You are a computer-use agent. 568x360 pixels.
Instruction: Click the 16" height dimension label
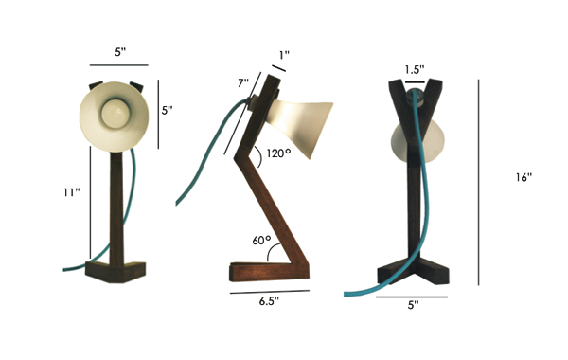tap(524, 177)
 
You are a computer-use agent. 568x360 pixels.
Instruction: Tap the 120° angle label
tap(278, 153)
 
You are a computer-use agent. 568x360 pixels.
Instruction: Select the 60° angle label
tap(261, 240)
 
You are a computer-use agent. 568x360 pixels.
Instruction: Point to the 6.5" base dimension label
tap(269, 301)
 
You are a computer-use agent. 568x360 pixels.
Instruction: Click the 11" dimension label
tap(71, 192)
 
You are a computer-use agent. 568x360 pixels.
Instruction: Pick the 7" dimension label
tap(243, 83)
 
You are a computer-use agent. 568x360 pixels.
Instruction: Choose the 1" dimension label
tap(284, 55)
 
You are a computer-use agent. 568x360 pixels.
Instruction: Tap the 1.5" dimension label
tap(415, 69)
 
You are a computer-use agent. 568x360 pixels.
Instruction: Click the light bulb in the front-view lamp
tap(114, 113)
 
